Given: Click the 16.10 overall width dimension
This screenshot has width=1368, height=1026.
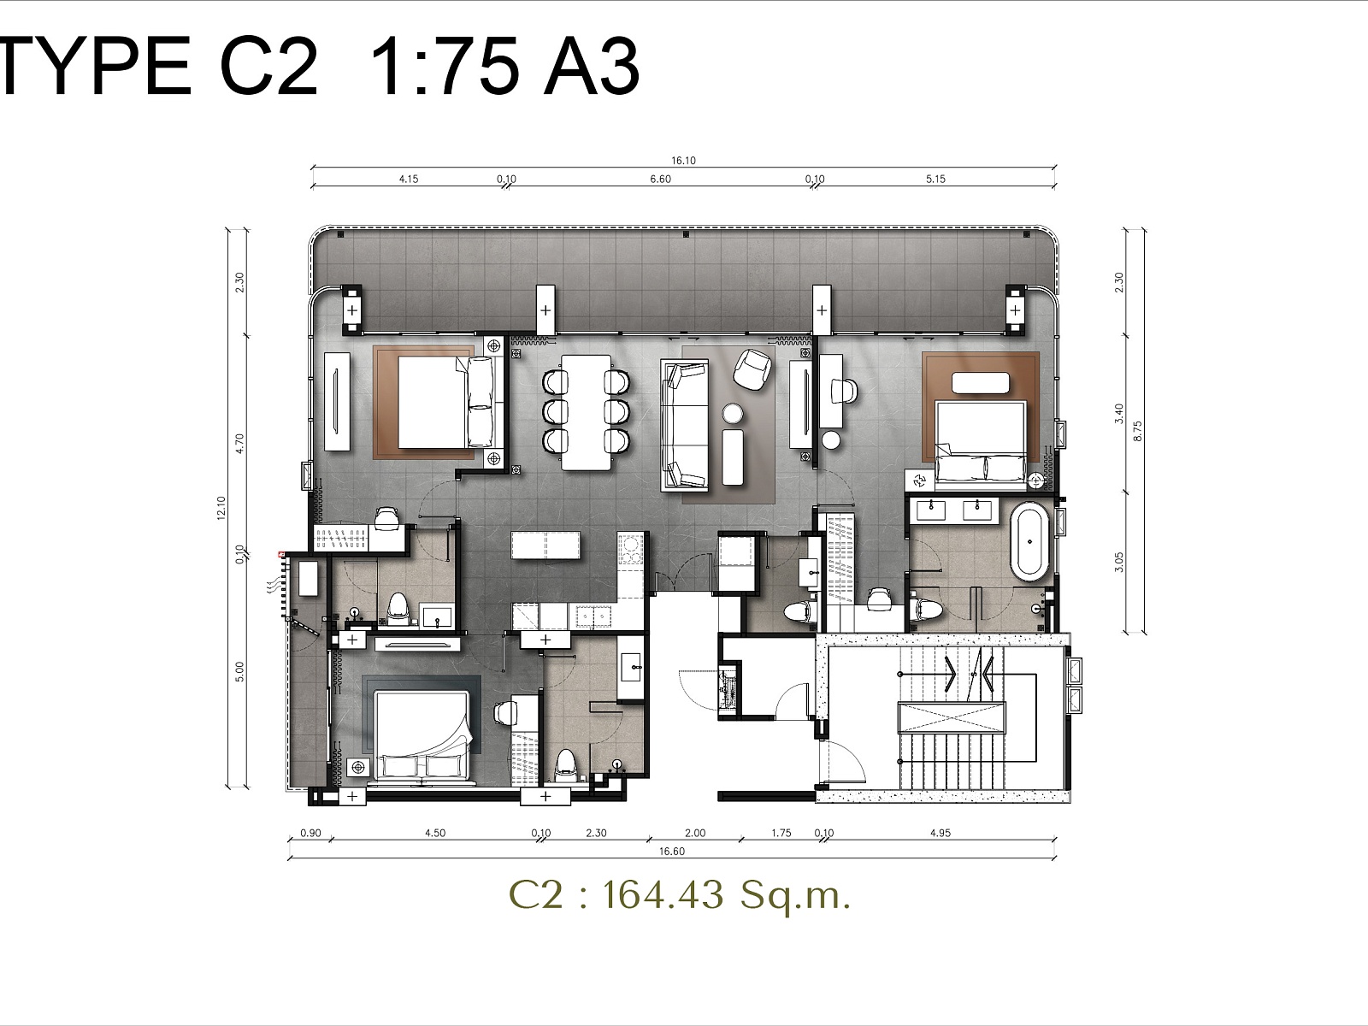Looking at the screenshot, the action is click(x=683, y=161).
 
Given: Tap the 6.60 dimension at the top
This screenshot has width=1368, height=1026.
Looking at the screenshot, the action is click(x=661, y=180).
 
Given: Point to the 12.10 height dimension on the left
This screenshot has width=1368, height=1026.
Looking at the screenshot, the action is click(x=221, y=508).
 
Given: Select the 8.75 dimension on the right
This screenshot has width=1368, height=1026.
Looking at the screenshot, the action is click(x=1138, y=431).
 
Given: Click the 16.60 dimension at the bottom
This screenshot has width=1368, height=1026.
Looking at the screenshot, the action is click(x=672, y=851).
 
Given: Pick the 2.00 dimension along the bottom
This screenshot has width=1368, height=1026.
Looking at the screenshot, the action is click(x=695, y=833).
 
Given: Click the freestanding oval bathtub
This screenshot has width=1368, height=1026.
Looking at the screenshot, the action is click(x=1029, y=543).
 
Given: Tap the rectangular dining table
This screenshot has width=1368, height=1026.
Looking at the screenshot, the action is click(x=586, y=412).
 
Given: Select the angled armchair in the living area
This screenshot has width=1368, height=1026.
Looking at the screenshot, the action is click(x=752, y=369).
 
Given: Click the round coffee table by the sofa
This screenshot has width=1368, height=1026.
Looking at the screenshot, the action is click(x=733, y=414).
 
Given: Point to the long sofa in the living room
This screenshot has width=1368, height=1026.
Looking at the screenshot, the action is click(x=684, y=425).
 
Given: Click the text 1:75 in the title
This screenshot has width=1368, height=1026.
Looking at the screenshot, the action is click(x=445, y=66).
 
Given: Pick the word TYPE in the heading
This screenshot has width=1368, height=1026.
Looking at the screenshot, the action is click(x=96, y=66).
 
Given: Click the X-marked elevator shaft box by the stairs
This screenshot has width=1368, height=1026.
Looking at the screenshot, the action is click(x=951, y=717).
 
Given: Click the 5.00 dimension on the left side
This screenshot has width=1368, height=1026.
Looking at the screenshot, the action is click(x=240, y=671).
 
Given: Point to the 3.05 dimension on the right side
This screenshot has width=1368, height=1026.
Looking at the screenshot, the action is click(x=1118, y=562).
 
